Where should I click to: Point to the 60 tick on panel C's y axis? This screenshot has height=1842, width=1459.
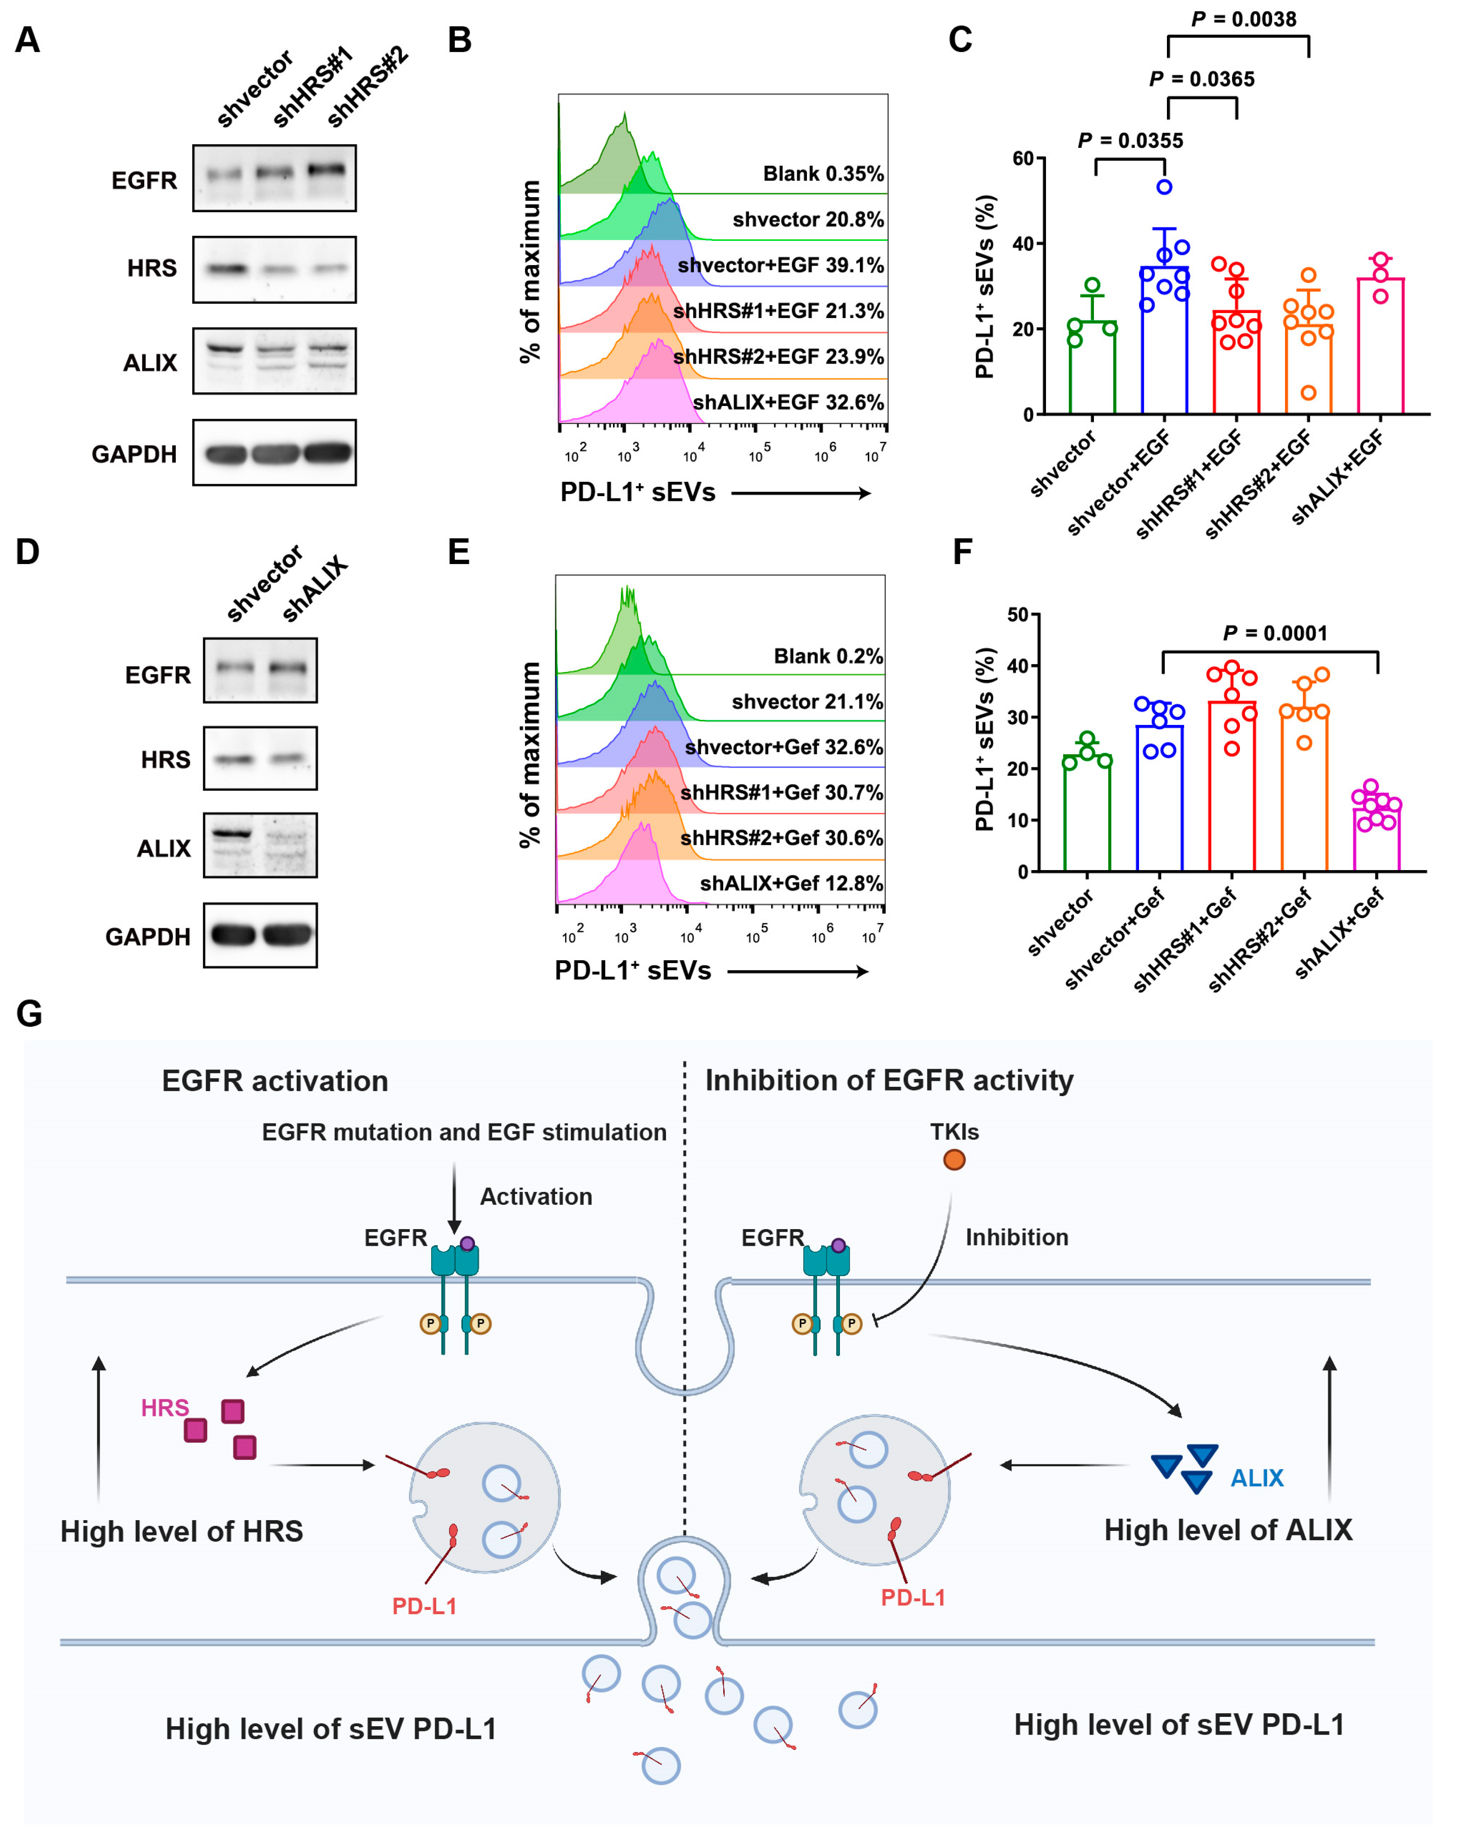pos(1022,158)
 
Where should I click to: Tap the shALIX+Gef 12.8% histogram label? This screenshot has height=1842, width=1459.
pos(791,883)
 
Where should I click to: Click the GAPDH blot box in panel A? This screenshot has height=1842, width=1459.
pos(274,452)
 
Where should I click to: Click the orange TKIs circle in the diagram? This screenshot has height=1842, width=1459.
pos(954,1159)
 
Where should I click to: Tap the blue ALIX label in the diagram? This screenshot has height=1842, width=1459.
pos(1257,1477)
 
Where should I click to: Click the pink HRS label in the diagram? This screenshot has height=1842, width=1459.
pos(164,1407)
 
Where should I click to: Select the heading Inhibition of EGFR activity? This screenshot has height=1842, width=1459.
pos(888,1080)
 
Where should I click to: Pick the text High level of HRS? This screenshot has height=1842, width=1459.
pos(181,1531)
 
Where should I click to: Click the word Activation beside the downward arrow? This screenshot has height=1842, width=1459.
pos(536,1197)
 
